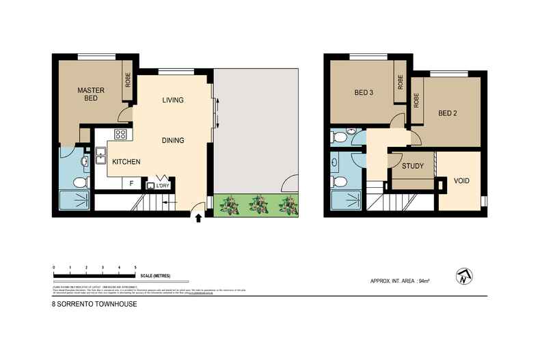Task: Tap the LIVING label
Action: point(173,100)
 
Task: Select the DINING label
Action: point(173,141)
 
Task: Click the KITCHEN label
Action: point(126,162)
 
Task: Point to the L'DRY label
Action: point(163,185)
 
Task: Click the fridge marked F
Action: point(131,184)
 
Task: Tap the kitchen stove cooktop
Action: point(121,135)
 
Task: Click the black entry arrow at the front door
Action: point(199,219)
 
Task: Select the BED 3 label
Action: point(364,94)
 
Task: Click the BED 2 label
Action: point(447,113)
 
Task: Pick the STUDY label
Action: point(413,166)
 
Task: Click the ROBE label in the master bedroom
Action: point(128,81)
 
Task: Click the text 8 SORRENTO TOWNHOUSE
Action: point(94,305)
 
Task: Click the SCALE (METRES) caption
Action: point(154,276)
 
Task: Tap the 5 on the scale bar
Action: point(136,267)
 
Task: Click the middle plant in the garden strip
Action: point(258,204)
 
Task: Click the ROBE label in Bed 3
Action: point(401,83)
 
